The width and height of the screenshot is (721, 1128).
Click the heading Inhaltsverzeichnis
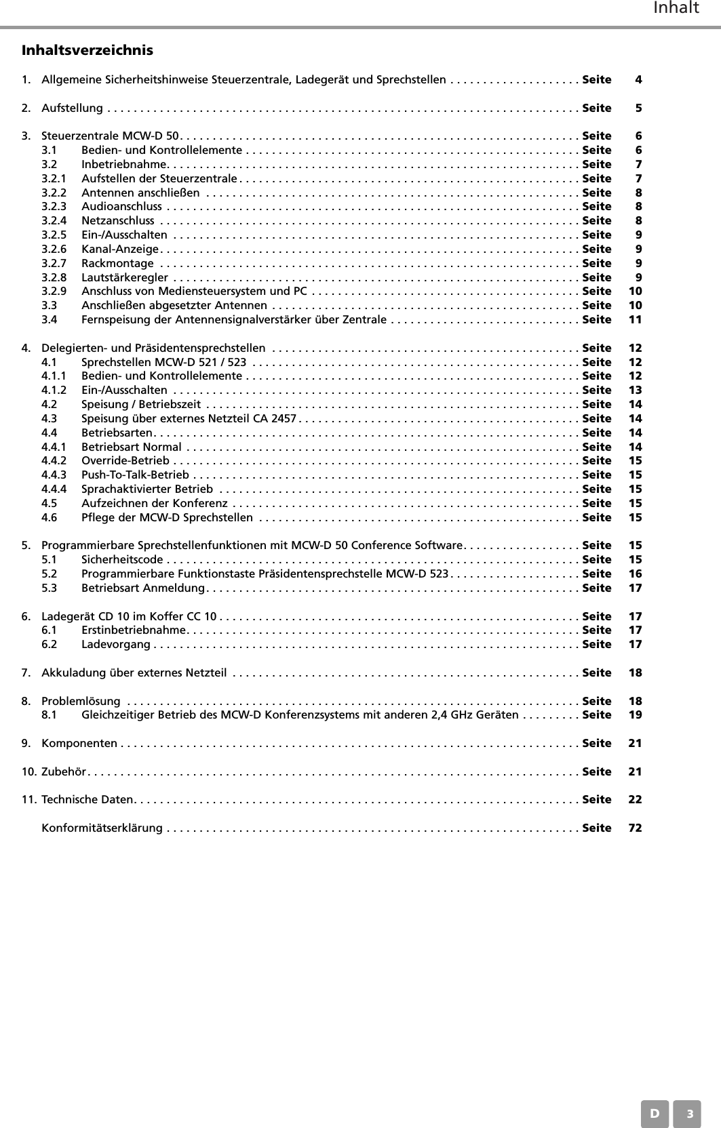87,50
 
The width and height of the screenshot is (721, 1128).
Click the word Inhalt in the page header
676,8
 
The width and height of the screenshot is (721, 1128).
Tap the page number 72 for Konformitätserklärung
635,828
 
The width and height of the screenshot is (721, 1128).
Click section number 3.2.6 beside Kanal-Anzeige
54,249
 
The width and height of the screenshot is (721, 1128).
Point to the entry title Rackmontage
117,263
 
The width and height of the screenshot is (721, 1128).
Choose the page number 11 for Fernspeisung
635,319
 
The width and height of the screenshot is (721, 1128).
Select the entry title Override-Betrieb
125,460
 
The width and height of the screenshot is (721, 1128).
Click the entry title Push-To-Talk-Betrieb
135,475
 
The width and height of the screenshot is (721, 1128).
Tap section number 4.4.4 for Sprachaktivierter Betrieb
54,489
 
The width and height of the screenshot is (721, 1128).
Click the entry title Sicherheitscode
122,559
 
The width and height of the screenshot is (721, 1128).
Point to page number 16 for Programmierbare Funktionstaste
635,573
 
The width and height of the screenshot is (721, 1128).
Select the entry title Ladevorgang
116,644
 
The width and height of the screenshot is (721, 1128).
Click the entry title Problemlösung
81,701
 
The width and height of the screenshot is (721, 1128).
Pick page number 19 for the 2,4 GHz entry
635,714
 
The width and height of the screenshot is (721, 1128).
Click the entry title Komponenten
79,743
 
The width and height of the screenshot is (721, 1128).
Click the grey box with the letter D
655,1113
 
